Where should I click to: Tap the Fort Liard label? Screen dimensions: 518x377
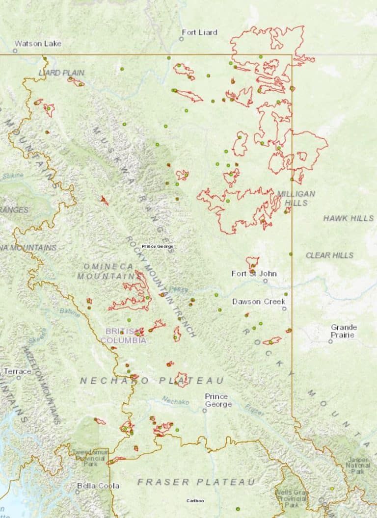199,32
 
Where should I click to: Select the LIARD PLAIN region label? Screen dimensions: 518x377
61,73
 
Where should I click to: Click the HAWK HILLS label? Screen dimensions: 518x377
348,218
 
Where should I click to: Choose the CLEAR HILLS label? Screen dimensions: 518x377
329,255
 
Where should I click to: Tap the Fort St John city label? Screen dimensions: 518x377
254,274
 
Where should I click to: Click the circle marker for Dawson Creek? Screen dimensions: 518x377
284,309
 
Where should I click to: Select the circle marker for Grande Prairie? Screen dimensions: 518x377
330,341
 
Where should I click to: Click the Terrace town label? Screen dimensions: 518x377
18,371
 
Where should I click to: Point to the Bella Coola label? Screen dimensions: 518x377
98,486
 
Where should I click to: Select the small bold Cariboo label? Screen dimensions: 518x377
195,501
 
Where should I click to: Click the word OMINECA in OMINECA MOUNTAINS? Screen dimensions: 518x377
108,266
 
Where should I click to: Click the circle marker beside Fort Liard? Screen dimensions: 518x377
181,39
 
